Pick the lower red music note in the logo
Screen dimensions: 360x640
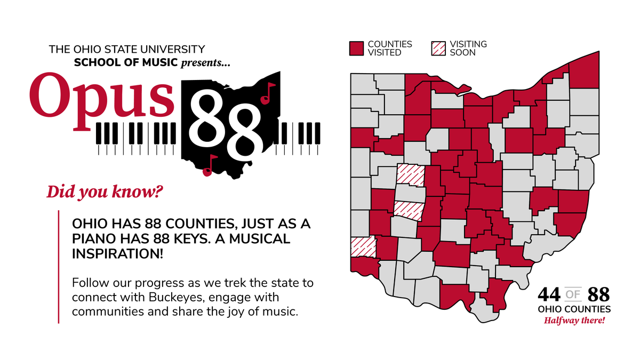[x=210, y=166]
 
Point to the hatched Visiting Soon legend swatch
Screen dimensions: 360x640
[x=437, y=48]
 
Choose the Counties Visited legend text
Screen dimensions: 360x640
[x=390, y=48]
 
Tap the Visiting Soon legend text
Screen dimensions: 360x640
[x=468, y=48]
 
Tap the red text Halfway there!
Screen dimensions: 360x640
[x=574, y=321]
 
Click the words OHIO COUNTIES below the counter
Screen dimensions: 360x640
[x=574, y=309]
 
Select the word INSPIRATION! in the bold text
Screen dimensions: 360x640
[x=118, y=254]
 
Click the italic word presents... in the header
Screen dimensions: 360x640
[x=206, y=63]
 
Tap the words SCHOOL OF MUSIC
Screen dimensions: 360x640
[x=126, y=63]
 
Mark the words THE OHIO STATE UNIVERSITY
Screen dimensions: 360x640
[x=127, y=50]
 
